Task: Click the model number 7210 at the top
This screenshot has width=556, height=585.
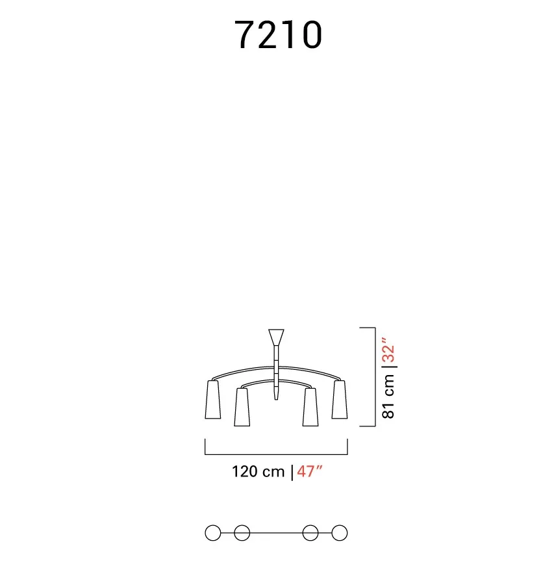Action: [278, 34]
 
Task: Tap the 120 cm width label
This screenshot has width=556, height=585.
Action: [258, 472]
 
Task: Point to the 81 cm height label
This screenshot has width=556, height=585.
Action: [388, 396]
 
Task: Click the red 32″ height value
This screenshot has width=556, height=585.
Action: [388, 350]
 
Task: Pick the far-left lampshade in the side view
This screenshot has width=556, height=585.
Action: [212, 399]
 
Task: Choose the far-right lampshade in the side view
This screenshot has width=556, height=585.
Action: [340, 399]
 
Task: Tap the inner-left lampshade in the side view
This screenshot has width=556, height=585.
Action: [242, 407]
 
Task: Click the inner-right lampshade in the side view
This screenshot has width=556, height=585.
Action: [310, 407]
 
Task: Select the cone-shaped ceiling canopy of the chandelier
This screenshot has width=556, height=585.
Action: [276, 337]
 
